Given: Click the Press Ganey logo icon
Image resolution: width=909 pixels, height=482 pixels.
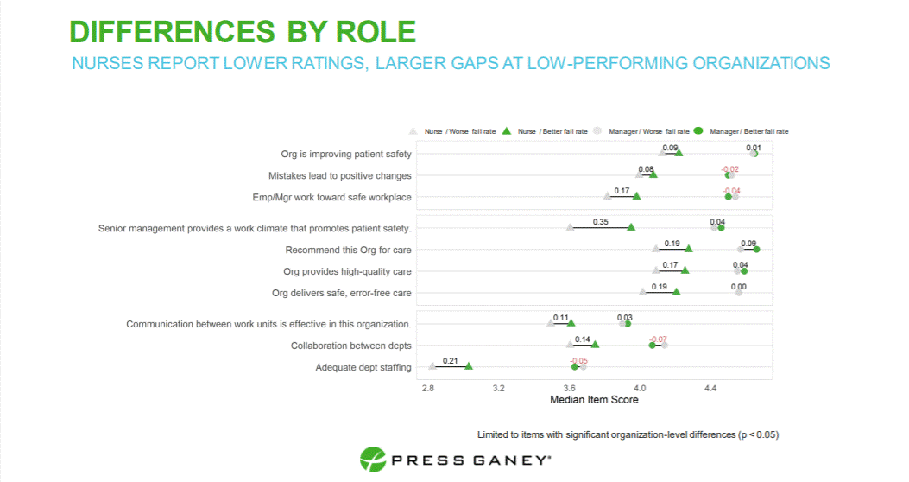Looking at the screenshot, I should pyautogui.click(x=372, y=460).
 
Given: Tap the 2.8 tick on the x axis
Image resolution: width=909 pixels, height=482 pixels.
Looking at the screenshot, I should pyautogui.click(x=428, y=389).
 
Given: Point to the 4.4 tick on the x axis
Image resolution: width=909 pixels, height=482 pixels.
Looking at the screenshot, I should pyautogui.click(x=710, y=389).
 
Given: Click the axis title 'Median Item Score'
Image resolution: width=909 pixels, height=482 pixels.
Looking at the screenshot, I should pyautogui.click(x=594, y=400).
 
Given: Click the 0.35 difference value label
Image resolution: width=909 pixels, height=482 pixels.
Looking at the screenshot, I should pyautogui.click(x=601, y=222).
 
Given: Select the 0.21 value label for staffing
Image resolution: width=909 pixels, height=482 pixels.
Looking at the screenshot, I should pyautogui.click(x=450, y=360).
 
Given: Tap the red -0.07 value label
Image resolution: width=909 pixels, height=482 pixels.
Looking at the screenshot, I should pyautogui.click(x=658, y=339).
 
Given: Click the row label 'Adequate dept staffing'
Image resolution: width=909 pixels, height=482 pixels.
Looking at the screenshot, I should pyautogui.click(x=363, y=367).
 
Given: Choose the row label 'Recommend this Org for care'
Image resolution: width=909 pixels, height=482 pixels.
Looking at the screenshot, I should pyautogui.click(x=348, y=250).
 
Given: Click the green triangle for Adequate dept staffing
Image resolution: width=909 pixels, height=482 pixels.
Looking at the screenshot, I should pyautogui.click(x=469, y=366).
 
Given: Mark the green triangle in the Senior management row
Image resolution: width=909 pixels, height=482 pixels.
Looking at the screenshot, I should pyautogui.click(x=631, y=227).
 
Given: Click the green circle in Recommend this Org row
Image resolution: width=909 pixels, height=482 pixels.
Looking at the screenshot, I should pyautogui.click(x=756, y=250).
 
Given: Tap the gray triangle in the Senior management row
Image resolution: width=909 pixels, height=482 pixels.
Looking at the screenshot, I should pyautogui.click(x=570, y=227).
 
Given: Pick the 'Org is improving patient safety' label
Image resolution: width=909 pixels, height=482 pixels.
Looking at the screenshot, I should pyautogui.click(x=346, y=154).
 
